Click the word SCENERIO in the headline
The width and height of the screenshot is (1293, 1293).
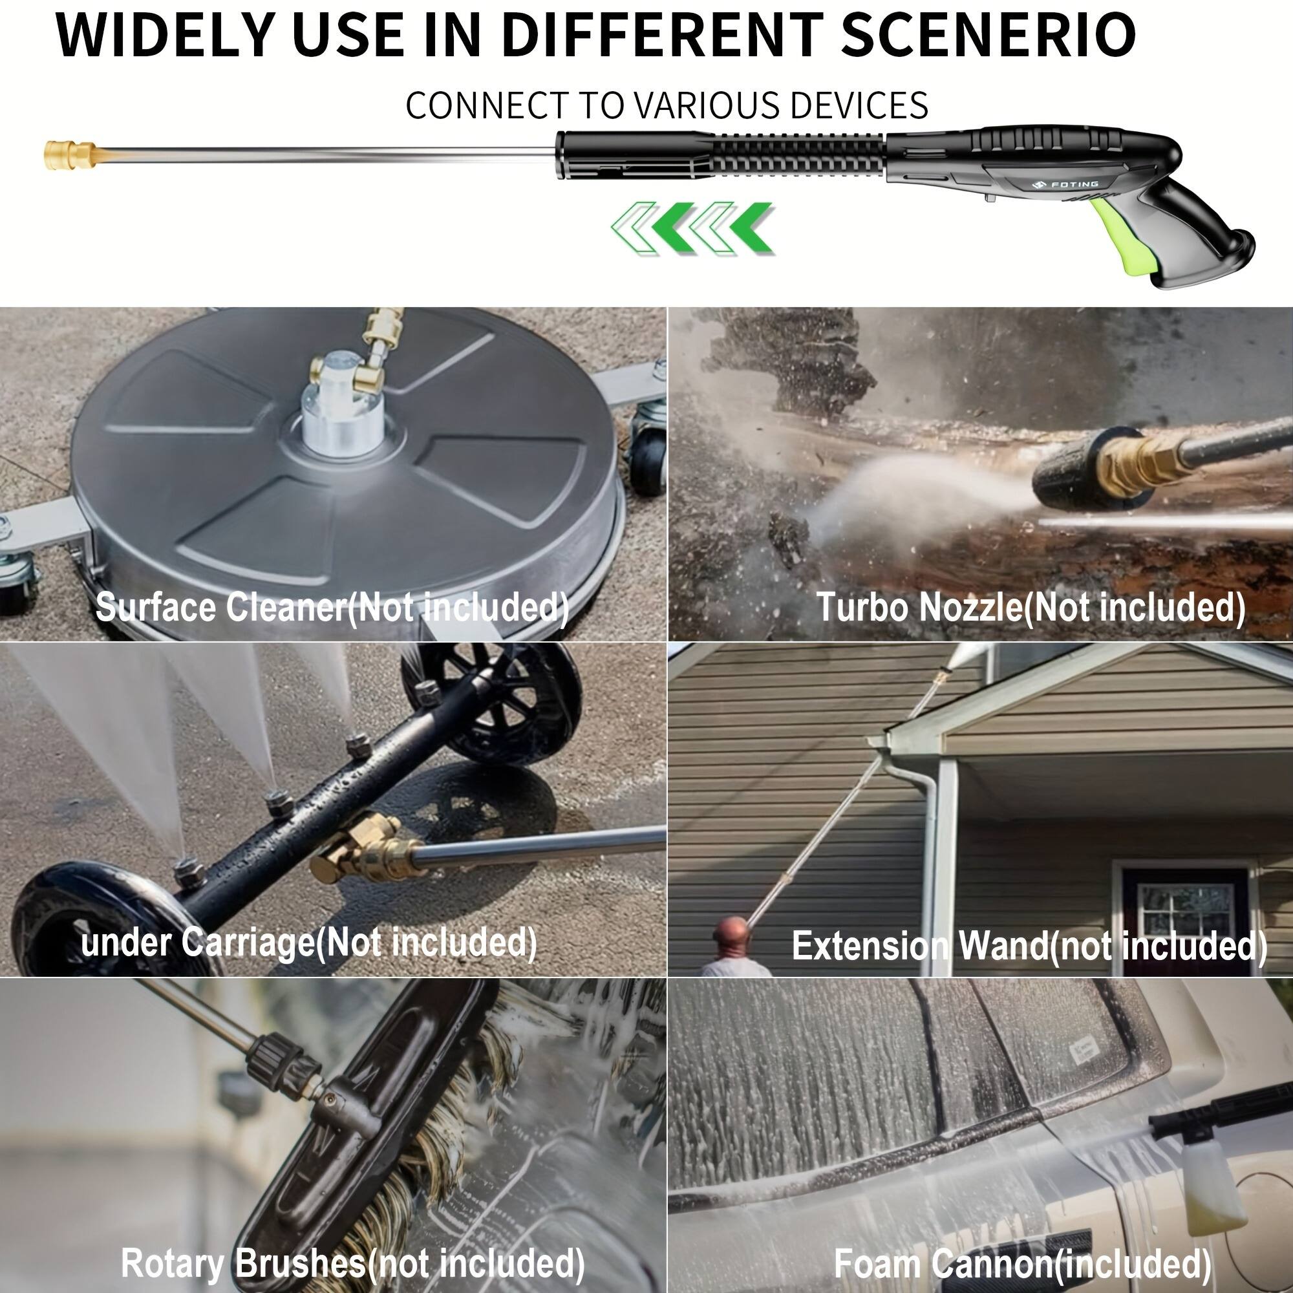click(988, 35)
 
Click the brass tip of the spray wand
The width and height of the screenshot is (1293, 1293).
click(69, 155)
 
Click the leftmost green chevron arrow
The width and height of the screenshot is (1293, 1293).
click(632, 228)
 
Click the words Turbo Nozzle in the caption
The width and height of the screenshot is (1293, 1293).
click(919, 608)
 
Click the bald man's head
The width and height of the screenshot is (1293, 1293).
click(731, 933)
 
